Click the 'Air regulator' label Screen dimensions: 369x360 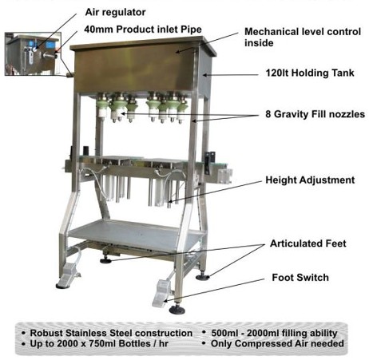[x=115, y=12]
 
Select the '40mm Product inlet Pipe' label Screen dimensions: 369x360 [x=143, y=30]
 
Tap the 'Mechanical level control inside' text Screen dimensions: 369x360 [x=303, y=38]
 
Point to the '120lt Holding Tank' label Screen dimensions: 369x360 [x=310, y=73]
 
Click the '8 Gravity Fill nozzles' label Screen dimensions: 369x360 [x=315, y=114]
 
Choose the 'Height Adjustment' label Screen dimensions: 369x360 [x=310, y=180]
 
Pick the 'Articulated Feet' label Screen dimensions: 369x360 [x=308, y=243]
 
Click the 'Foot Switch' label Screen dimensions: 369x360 [x=300, y=278]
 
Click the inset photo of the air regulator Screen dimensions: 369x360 [x=34, y=53]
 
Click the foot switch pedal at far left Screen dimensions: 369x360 [x=69, y=275]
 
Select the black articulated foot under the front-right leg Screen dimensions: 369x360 [x=177, y=309]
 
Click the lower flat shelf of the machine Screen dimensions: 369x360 [x=136, y=234]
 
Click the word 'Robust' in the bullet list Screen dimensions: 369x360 [x=46, y=333]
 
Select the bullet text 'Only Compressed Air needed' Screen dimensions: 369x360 [x=277, y=343]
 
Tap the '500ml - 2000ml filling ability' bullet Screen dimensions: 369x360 [x=274, y=333]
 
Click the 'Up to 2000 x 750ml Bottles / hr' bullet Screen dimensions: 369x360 [x=99, y=344]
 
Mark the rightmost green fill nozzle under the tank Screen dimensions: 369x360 [x=183, y=109]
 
